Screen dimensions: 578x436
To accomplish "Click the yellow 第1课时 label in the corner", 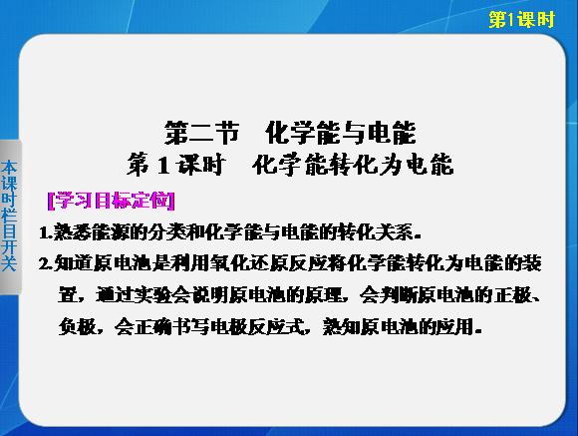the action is pos(521,19).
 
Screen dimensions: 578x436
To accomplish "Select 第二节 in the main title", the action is pos(201,133).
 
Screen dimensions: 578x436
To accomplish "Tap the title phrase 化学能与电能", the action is pos(341,133).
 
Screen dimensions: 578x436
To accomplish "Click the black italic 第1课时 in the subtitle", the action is pos(175,165).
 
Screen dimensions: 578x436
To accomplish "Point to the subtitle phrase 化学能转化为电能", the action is pos(353,165).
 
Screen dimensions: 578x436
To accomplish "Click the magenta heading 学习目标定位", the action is pos(112,201).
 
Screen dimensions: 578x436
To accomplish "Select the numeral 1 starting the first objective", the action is pos(44,233).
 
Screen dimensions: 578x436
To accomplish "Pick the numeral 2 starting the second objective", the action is pos(44,264).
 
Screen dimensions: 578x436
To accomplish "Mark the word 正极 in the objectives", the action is pos(513,295).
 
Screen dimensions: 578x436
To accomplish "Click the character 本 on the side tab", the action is pos(9,169).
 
